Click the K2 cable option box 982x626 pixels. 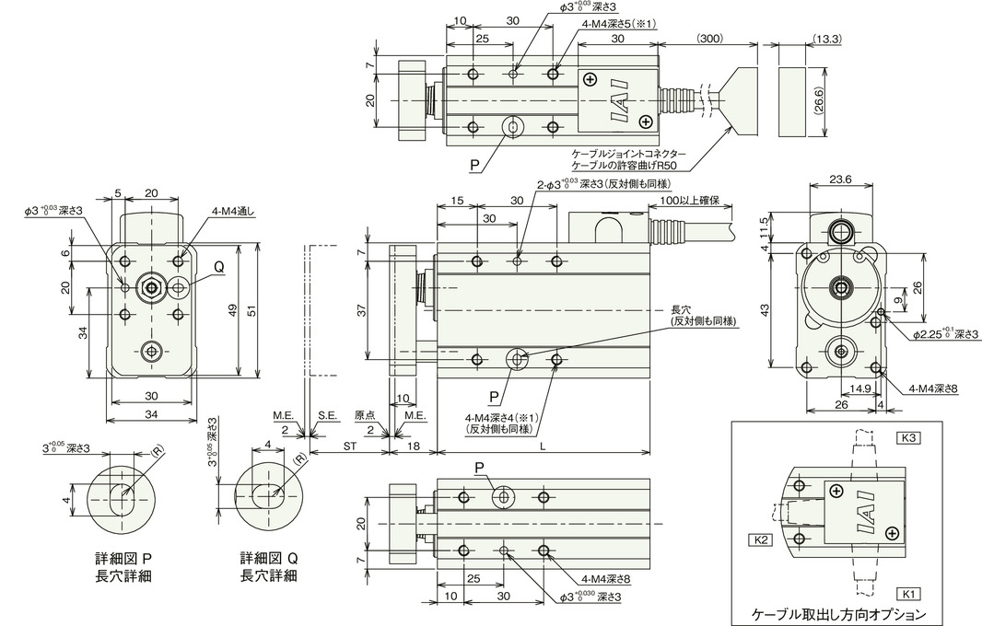760,539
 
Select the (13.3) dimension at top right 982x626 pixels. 828,38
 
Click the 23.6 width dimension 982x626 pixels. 840,179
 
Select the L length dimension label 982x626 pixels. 543,445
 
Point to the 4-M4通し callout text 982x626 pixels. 231,212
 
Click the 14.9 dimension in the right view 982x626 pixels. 860,388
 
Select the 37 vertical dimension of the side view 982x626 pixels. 361,310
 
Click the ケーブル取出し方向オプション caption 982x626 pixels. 839,613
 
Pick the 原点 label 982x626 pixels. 364,415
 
